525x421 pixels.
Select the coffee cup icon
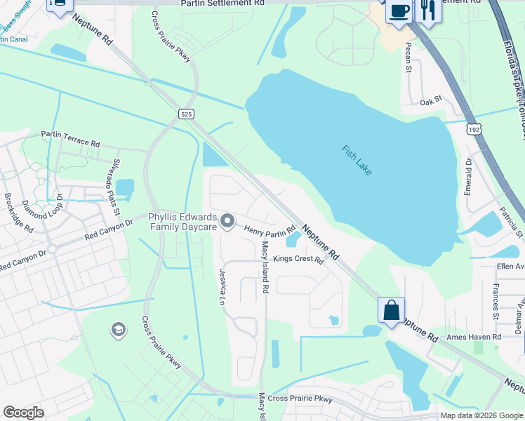pos(399,12)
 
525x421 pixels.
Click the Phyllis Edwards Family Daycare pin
pos(227,222)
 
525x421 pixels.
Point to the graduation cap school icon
pos(118,329)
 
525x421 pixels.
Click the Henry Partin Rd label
pos(270,230)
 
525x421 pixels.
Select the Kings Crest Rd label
pos(298,260)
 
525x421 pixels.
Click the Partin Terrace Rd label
pos(70,138)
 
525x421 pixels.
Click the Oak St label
pos(430,102)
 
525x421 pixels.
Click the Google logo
pos(23,413)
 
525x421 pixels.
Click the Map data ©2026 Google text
pos(481,415)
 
